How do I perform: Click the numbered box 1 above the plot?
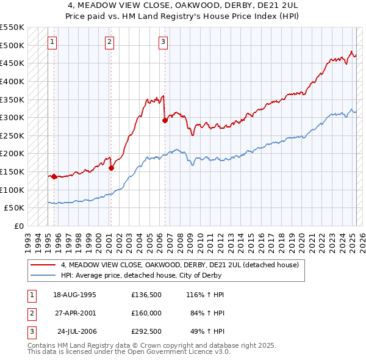point(52,42)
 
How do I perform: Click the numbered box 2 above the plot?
point(109,42)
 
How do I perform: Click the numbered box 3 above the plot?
point(163,42)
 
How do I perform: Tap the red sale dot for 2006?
point(165,120)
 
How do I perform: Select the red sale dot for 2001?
point(111,168)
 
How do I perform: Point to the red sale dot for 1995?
point(54,176)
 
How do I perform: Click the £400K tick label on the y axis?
point(12,81)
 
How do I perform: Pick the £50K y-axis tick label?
point(15,208)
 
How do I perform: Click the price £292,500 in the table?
point(146,332)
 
